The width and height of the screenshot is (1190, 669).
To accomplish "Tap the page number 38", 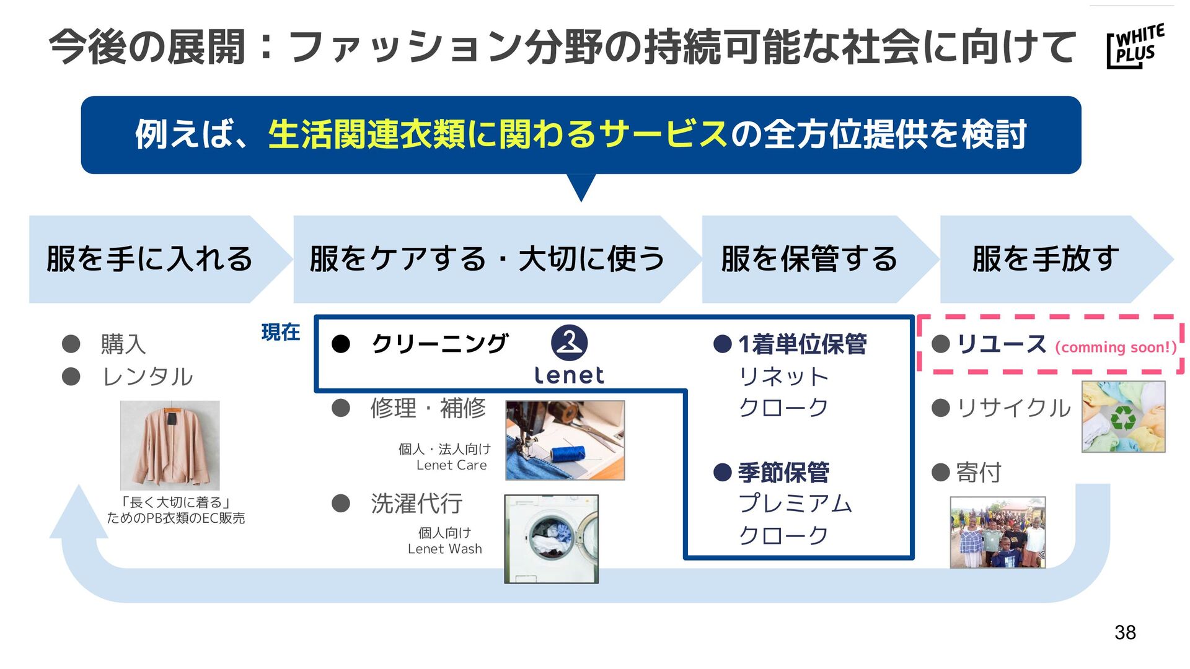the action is (x=1125, y=632).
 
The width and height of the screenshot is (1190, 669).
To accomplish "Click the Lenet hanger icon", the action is (x=569, y=343).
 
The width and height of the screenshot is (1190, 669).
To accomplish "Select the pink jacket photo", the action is (x=170, y=445).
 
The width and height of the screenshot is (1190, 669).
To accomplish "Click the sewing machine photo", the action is (x=565, y=440).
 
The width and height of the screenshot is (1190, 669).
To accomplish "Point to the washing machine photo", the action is (x=551, y=538).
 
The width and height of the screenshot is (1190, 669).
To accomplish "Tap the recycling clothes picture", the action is (x=1123, y=416).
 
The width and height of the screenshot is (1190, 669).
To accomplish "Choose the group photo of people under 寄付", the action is (x=997, y=532).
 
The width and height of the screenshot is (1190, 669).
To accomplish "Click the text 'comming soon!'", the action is (x=1116, y=348).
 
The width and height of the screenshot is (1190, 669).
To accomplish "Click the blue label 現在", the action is (x=281, y=333).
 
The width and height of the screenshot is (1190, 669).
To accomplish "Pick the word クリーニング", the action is (x=439, y=344).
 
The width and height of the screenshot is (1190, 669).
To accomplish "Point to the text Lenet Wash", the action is (x=444, y=549).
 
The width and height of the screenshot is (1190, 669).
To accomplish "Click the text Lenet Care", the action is (x=451, y=465).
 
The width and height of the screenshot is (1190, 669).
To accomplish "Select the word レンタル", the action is (x=148, y=377).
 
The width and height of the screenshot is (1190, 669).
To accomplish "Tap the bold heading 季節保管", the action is (x=783, y=473).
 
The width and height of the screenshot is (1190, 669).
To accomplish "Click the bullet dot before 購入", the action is (x=71, y=344).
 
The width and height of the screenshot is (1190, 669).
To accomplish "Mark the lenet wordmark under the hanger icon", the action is (x=569, y=375).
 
